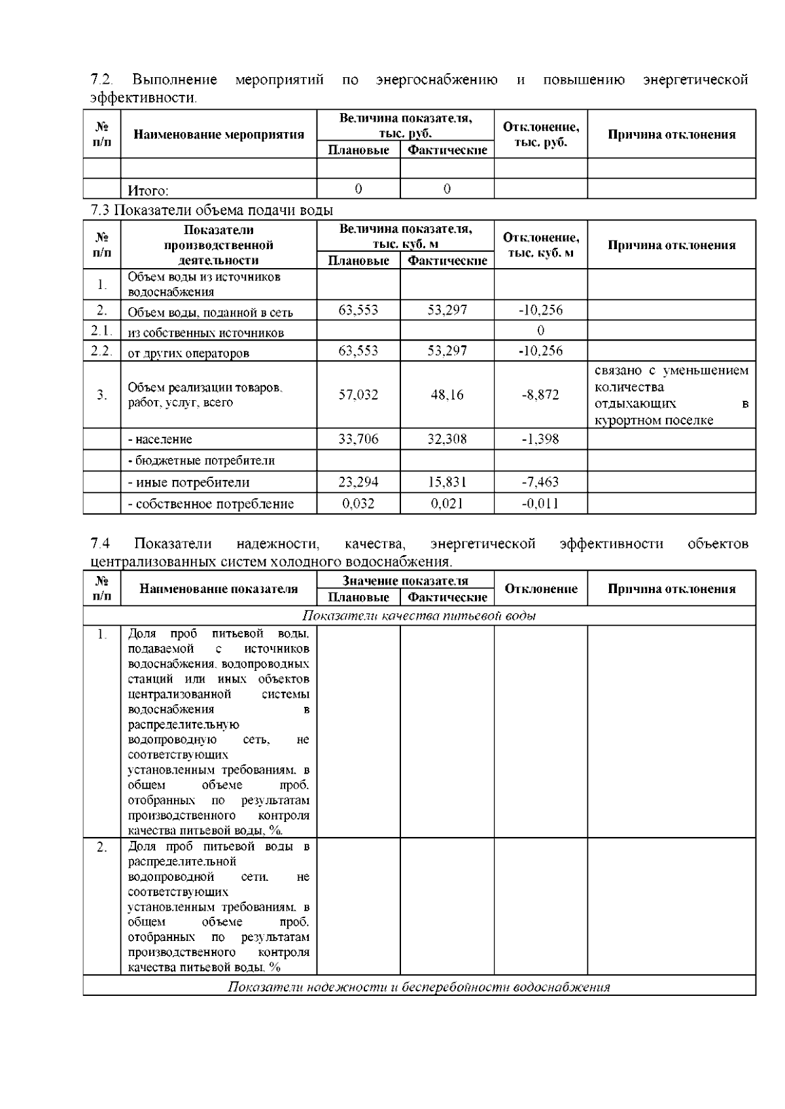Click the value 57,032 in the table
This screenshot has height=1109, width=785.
click(x=358, y=395)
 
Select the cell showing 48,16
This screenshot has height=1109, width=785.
click(x=447, y=395)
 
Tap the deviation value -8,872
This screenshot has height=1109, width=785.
click(x=540, y=395)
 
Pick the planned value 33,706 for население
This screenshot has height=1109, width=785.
click(x=358, y=439)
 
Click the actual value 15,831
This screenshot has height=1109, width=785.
click(x=447, y=483)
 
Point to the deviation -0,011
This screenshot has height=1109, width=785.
click(x=540, y=503)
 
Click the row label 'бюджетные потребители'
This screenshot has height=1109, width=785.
click(x=201, y=460)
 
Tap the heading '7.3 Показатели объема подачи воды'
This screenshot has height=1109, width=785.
click(x=211, y=211)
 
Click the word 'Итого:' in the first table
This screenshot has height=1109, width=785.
click(x=148, y=191)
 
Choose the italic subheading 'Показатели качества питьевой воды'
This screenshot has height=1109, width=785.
click(x=419, y=616)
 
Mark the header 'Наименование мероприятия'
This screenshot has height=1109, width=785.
click(x=218, y=135)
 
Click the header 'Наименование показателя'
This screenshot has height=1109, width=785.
click(x=218, y=589)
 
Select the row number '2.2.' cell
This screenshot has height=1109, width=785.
click(x=101, y=350)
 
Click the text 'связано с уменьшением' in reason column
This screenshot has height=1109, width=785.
click(x=671, y=371)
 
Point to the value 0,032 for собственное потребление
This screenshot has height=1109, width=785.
click(x=358, y=503)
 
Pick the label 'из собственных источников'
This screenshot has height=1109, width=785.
click(x=205, y=333)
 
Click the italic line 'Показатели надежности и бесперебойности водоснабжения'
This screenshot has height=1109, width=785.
click(x=419, y=987)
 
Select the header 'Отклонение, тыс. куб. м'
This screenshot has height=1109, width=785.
click(x=540, y=245)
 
